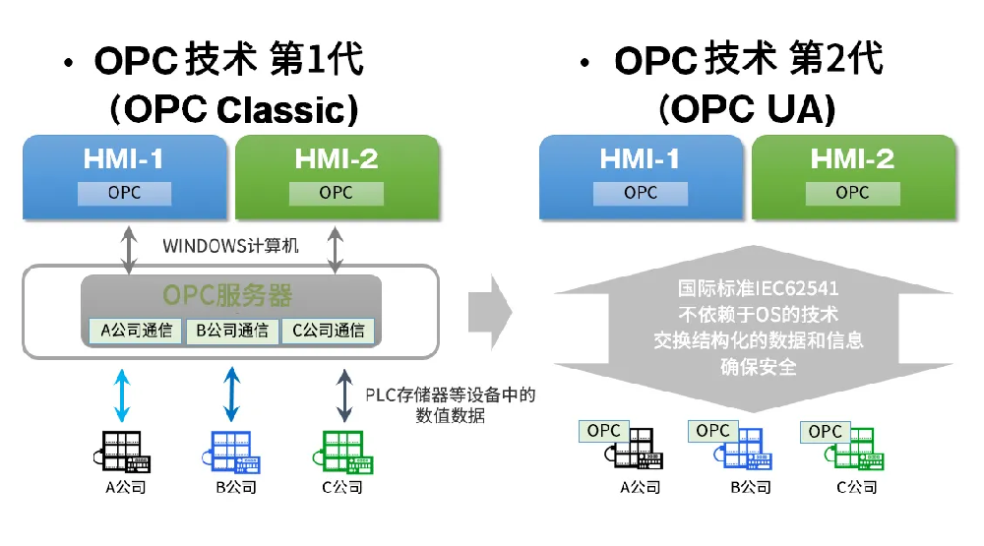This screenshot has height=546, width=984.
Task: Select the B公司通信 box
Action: point(232,331)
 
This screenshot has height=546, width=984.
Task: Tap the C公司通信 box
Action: point(328,331)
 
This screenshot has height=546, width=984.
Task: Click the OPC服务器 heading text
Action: point(230,295)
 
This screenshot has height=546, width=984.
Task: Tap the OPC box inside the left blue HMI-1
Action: point(124,193)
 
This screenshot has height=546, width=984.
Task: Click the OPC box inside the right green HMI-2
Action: point(852,193)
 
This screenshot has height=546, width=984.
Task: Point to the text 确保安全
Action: point(758,367)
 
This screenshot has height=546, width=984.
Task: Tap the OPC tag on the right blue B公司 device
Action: point(712,431)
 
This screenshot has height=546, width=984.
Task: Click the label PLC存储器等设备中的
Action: point(450,395)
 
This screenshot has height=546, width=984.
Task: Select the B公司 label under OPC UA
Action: point(750,487)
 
